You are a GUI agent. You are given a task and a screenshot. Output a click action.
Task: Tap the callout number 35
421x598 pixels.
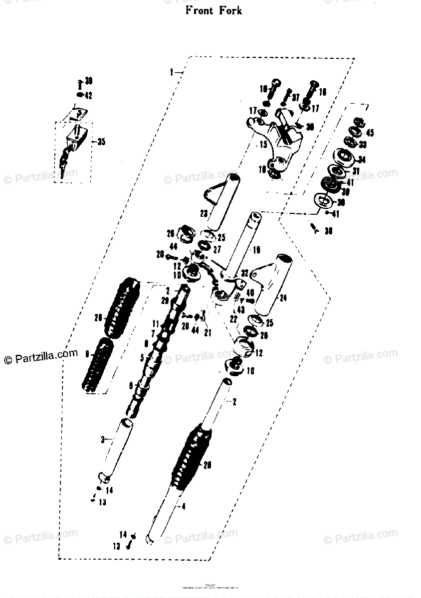coord(101,142)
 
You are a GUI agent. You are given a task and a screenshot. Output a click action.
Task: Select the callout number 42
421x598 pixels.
coord(88,96)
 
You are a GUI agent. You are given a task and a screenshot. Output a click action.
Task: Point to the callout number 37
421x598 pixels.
coord(295,97)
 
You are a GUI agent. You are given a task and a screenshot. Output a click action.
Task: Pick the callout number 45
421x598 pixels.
coord(370,133)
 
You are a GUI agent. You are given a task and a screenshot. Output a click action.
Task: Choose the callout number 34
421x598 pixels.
coord(361,160)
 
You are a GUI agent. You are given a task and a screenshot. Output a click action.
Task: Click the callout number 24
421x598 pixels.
coord(283,299)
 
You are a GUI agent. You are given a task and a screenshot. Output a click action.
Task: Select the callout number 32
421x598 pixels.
coord(244,273)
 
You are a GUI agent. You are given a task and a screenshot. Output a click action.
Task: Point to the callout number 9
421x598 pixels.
coord(87,354)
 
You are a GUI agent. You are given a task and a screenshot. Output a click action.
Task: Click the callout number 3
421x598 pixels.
coord(103,440)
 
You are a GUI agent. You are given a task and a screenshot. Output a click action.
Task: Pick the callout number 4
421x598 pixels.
coord(184,507)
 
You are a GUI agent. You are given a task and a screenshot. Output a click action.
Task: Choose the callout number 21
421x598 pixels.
coord(208,332)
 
